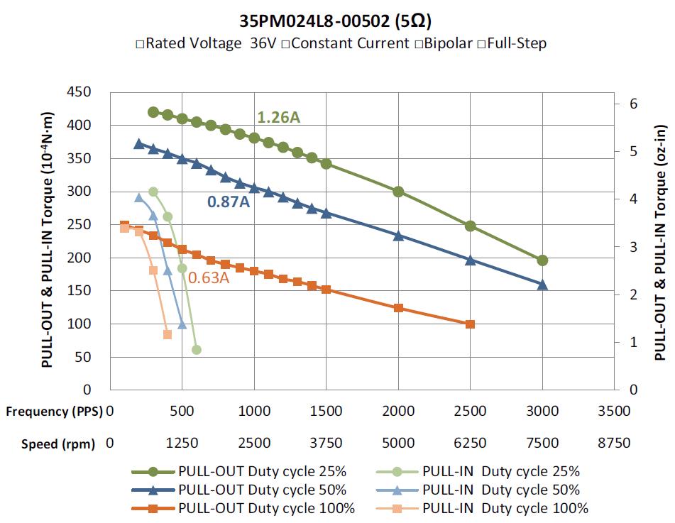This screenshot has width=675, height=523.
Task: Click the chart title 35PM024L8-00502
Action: coord(314,21)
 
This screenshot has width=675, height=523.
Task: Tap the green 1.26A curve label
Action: coord(278,117)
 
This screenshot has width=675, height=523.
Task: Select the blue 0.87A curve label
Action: coord(229,202)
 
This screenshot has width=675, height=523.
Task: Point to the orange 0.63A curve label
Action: coord(209,277)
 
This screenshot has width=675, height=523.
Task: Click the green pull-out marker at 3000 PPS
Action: coord(542,260)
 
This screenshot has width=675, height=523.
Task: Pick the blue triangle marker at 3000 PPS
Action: coord(542,285)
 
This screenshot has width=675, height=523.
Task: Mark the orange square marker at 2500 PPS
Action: coord(470,324)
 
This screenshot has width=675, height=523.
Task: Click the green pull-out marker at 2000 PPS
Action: coord(398,192)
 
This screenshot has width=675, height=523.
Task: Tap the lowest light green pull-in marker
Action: coord(197,350)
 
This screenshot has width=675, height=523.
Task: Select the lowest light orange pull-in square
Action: coord(168,334)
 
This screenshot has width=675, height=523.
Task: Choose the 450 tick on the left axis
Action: coord(79,92)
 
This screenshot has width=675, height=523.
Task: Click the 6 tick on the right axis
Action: coord(633,104)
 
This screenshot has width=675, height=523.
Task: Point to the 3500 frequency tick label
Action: coord(614,411)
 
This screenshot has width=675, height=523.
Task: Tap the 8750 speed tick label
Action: coord(614,443)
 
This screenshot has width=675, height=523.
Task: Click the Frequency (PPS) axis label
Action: coord(54,412)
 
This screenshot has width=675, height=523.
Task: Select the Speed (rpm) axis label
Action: coord(58,444)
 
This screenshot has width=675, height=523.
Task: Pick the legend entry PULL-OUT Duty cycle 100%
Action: coord(266,508)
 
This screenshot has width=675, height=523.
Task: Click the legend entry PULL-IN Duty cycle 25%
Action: coord(501,471)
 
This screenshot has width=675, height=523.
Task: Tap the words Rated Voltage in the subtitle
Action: coord(194,43)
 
